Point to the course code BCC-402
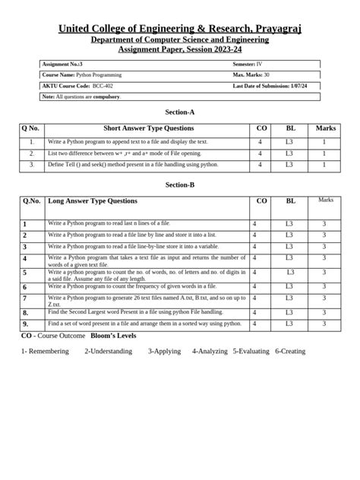(x=104, y=86)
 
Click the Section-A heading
(x=179, y=112)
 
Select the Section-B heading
(x=179, y=185)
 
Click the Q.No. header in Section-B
(x=32, y=201)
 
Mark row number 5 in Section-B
(x=25, y=272)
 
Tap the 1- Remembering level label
(x=45, y=352)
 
